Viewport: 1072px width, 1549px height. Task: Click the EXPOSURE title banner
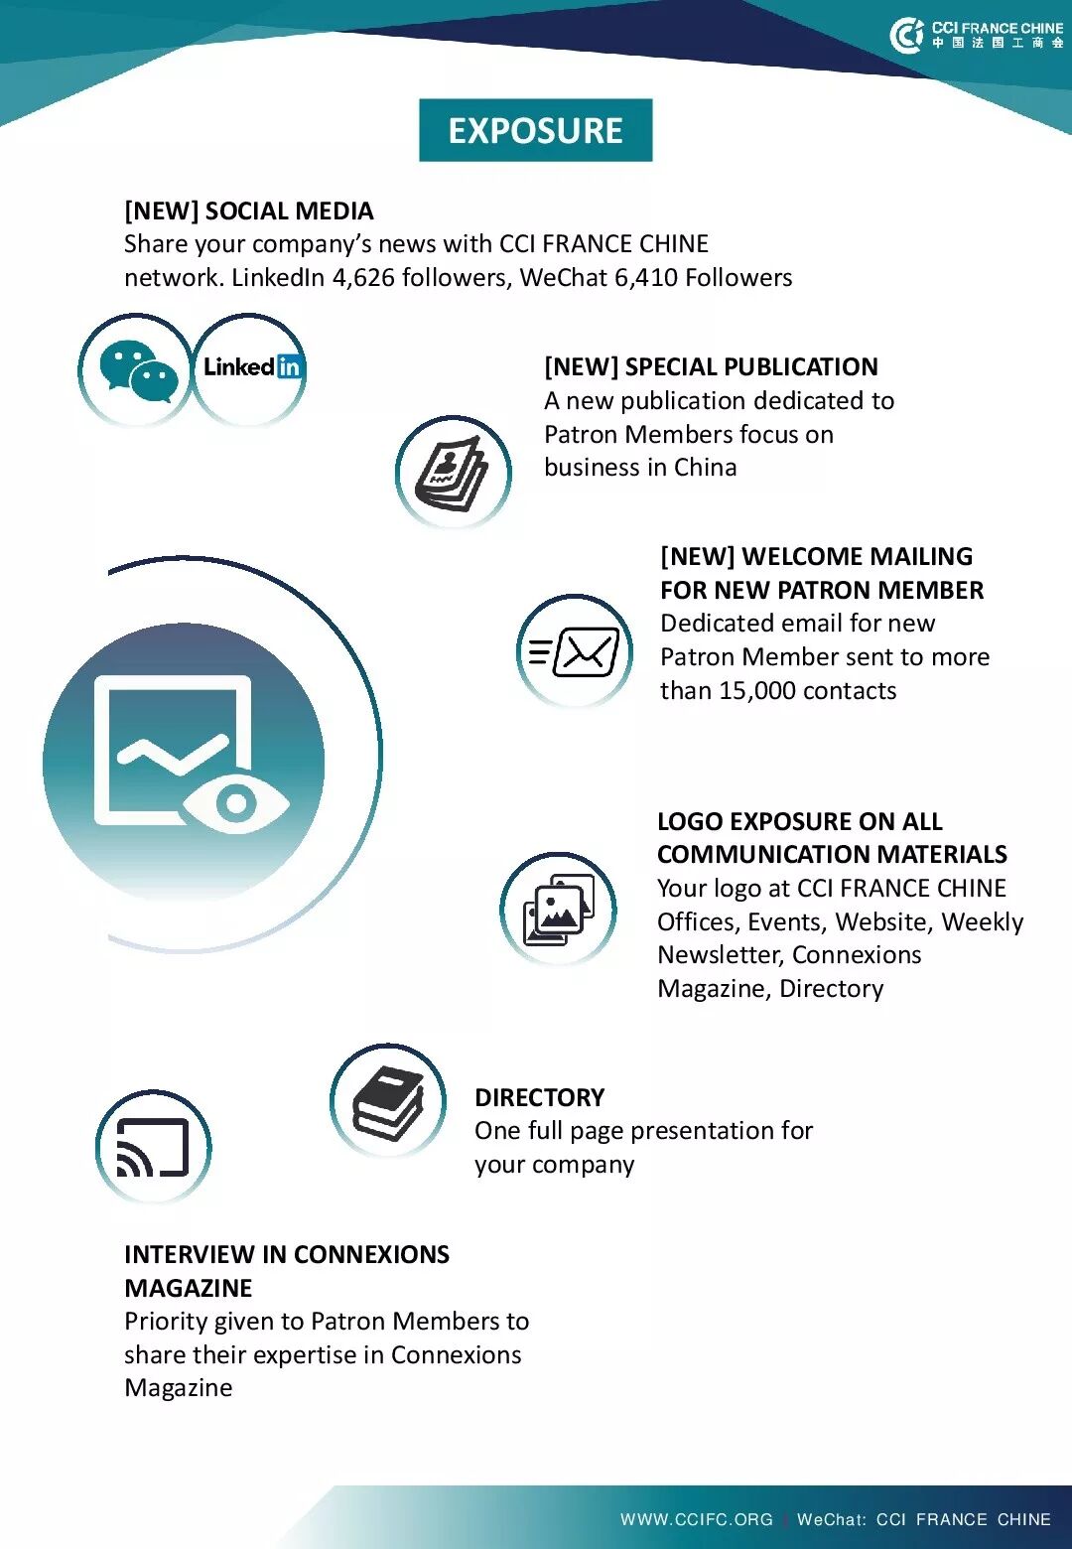click(x=535, y=130)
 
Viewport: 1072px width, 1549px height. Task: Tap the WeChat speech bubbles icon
click(x=137, y=371)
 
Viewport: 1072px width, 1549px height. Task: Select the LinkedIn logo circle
click(x=250, y=368)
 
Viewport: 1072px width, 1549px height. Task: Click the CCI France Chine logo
click(x=977, y=35)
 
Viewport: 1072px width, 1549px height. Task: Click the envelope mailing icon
click(x=576, y=651)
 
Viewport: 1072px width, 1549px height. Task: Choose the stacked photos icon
click(x=558, y=910)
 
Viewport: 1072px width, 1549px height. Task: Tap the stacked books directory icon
click(x=389, y=1100)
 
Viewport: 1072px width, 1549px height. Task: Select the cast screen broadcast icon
click(x=153, y=1147)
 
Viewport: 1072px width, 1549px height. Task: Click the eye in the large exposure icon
click(x=236, y=801)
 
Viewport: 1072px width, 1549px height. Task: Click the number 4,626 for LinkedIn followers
click(x=363, y=278)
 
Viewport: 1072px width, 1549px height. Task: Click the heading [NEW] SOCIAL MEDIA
click(x=248, y=211)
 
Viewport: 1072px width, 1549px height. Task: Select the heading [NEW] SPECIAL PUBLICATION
click(x=711, y=367)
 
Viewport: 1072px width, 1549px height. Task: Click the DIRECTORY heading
click(x=539, y=1097)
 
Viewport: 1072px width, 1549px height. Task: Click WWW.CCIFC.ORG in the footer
click(x=697, y=1519)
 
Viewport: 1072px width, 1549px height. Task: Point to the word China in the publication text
click(x=705, y=468)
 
